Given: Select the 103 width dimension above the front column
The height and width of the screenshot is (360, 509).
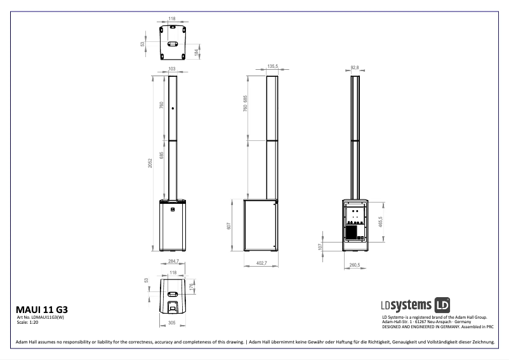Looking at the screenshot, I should click(x=171, y=69).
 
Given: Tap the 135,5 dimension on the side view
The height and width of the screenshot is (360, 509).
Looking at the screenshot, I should click(x=273, y=66).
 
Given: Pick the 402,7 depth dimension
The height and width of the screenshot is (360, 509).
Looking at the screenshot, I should click(x=261, y=263).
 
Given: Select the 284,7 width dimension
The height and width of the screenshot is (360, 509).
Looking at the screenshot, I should click(x=173, y=261).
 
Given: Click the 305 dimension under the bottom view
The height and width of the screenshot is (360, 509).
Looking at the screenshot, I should click(x=172, y=323).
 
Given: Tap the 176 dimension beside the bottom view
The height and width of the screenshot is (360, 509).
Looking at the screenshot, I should click(x=191, y=286).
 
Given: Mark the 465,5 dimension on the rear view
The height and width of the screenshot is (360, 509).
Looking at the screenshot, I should click(x=380, y=222).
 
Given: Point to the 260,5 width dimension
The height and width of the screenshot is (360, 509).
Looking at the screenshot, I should click(x=354, y=265).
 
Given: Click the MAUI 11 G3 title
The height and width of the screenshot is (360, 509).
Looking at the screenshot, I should click(x=41, y=309).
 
